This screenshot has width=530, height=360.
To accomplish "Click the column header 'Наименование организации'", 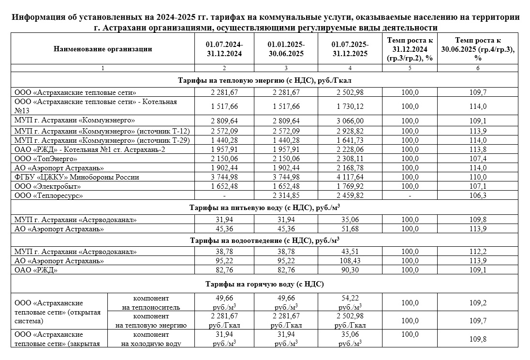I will pyautogui.click(x=103, y=49).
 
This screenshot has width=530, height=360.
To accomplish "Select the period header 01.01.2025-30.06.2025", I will pyautogui.click(x=286, y=49).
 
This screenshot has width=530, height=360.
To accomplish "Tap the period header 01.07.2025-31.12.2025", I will pyautogui.click(x=350, y=49).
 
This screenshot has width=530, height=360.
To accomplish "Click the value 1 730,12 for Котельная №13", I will pyautogui.click(x=350, y=106).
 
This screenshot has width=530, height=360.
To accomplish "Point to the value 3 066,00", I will pyautogui.click(x=350, y=120).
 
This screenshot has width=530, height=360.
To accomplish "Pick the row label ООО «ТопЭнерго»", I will pyautogui.click(x=46, y=159).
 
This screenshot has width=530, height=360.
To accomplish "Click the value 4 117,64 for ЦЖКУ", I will pyautogui.click(x=350, y=177).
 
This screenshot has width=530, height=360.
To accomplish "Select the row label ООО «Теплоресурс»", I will pyautogui.click(x=49, y=195).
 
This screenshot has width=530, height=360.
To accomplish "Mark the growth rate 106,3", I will pyautogui.click(x=478, y=195).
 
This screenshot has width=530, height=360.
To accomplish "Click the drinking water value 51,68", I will pyautogui.click(x=350, y=228).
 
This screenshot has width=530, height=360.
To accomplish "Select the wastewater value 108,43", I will pyautogui.click(x=350, y=261).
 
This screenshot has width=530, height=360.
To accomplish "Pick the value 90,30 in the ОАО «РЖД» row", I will pyautogui.click(x=350, y=270).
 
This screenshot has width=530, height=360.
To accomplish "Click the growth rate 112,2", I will pyautogui.click(x=478, y=252).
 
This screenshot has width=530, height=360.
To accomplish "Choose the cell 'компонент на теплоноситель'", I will pyautogui.click(x=151, y=302).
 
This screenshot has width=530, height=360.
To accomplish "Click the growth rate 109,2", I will pyautogui.click(x=478, y=303).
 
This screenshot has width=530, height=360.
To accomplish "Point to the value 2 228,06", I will pyautogui.click(x=350, y=150).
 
